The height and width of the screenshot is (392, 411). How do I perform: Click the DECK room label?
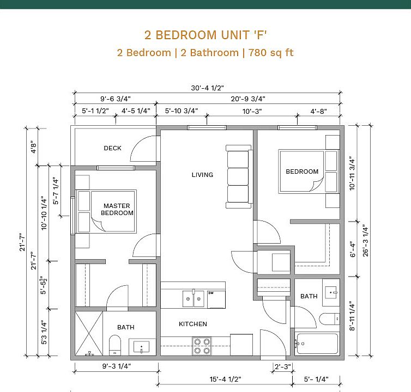point(112,148)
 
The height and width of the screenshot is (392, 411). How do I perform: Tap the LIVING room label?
point(202,175)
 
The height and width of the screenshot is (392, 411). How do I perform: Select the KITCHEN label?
point(193,324)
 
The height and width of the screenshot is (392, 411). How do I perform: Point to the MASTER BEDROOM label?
point(117,209)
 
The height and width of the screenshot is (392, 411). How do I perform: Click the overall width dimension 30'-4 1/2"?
point(207,88)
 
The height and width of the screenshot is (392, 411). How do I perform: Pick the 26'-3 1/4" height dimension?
point(365,241)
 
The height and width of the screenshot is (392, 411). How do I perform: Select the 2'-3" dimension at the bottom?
point(283,366)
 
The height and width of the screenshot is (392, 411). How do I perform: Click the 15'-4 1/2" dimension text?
point(225,379)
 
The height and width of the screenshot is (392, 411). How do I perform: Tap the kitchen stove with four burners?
point(202,346)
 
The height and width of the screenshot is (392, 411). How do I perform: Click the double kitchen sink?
point(194,298)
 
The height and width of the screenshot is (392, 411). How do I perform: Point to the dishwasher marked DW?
point(216,299)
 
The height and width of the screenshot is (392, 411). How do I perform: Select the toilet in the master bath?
point(115,345)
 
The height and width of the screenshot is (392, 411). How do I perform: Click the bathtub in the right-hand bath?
point(317,344)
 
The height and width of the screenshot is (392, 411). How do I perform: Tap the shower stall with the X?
point(89,333)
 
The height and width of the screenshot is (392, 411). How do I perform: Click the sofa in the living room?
point(239,177)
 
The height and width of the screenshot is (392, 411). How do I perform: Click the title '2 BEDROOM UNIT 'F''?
point(206,35)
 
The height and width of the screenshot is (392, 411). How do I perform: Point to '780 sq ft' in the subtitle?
point(271,53)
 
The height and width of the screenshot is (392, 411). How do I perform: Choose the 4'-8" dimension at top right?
point(318,111)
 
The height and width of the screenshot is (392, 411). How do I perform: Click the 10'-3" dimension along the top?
point(252,111)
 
